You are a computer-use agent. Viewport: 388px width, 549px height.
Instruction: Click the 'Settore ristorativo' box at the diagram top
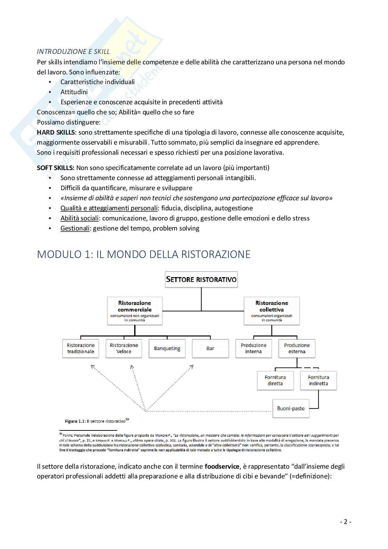201,280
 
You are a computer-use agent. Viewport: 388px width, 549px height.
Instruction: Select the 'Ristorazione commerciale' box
135,311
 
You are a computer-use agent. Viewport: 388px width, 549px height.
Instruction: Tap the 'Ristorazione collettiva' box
272,311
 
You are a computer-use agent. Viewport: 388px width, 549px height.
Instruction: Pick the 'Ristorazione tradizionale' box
81,348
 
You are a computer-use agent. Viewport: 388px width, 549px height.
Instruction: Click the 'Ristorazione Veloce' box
124,348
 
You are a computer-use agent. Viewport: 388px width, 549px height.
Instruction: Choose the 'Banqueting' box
167,348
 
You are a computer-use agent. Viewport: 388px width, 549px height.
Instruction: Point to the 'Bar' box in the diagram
210,348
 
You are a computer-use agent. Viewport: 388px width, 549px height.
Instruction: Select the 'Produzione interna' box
253,348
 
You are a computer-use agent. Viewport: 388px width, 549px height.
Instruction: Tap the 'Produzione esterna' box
297,348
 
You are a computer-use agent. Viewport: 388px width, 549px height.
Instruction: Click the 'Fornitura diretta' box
275,380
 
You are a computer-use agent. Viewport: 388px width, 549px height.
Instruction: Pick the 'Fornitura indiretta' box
318,380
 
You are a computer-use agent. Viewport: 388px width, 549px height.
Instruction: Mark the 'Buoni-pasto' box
291,409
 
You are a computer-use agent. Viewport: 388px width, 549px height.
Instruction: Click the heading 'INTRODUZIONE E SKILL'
73,51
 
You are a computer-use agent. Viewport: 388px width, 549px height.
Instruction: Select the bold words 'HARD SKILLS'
56,132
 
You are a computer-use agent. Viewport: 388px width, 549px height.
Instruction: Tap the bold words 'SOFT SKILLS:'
56,168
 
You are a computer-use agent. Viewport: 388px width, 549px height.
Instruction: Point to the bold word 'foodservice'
222,467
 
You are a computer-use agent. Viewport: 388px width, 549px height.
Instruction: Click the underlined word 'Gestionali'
75,228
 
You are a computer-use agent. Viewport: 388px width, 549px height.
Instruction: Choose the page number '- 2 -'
346,522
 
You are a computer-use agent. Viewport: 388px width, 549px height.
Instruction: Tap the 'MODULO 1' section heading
144,254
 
